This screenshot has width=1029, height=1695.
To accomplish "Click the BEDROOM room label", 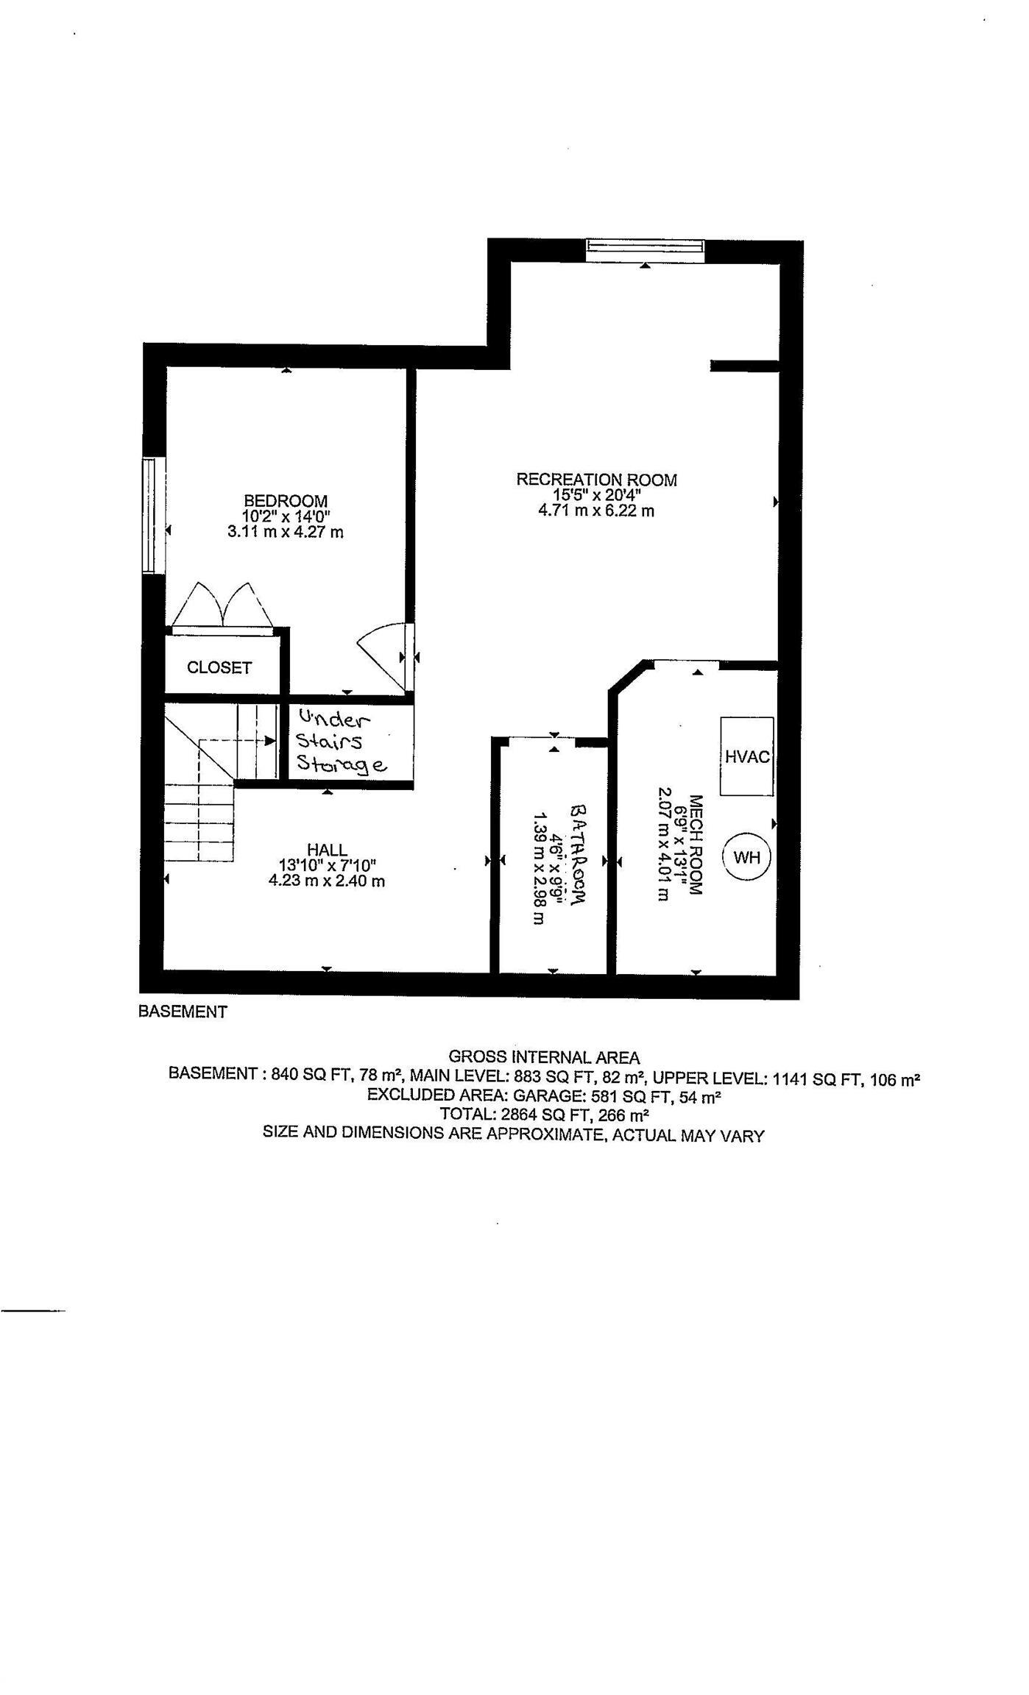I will (286, 501).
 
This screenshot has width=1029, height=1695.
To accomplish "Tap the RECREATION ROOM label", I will (596, 480).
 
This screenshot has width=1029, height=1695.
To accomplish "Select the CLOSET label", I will (219, 667).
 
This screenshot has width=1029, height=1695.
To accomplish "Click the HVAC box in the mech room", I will (746, 756).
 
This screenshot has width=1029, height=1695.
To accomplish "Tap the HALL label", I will (327, 850).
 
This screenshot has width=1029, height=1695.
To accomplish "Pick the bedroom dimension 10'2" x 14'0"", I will (286, 516).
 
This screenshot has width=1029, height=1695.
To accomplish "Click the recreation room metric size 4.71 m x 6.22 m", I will (596, 511).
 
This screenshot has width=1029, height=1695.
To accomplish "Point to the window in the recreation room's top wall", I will (645, 250).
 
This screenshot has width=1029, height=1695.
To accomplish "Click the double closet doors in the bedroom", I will (222, 607).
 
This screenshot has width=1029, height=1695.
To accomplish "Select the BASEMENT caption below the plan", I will (183, 1012).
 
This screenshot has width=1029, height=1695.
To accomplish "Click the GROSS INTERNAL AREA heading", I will (544, 1057).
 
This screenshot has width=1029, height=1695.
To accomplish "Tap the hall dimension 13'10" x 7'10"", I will (327, 865).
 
